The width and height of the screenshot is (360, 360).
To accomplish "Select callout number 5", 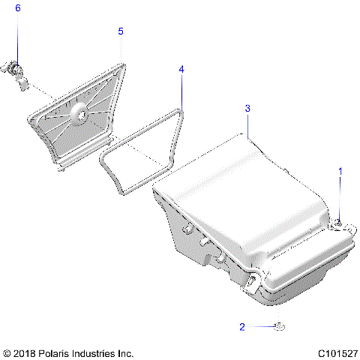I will coord(121,31).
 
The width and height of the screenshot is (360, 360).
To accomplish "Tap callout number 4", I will coord(181,69).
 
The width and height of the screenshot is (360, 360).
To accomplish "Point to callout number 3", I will coord(247,109).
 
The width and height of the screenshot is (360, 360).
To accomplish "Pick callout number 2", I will coord(242,326).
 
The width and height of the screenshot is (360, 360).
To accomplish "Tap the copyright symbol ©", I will coord(7,352).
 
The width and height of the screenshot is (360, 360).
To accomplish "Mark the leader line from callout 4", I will coord(181,90).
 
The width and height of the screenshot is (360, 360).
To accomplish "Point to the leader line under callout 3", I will coord(247,124).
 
